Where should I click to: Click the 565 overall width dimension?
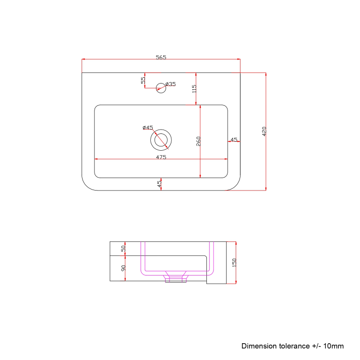tap(161, 57)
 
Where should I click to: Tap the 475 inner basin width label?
tap(161, 157)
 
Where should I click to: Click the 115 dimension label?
tap(194, 88)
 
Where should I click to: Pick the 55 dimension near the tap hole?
tap(143, 80)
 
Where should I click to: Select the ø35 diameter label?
tap(170, 84)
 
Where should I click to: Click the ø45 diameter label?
tap(147, 128)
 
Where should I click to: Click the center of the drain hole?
tap(161, 140)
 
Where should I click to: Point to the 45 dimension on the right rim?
tap(234, 139)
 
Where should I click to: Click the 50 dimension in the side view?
tap(123, 249)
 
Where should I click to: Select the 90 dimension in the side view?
tap(123, 269)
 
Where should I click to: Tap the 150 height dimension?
tap(234, 263)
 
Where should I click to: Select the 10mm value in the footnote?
tap(333, 346)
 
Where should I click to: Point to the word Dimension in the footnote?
tap(259, 346)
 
